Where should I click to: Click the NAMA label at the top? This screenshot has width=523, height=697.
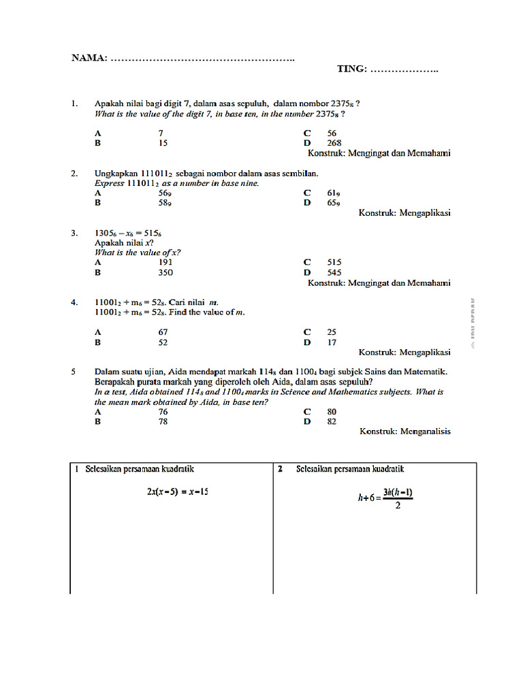point(89,57)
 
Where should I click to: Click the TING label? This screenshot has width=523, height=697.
point(352,69)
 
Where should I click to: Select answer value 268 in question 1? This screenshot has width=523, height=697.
point(334,143)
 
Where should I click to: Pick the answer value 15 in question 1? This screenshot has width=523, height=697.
point(163,143)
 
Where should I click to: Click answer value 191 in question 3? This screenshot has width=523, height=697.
point(165,262)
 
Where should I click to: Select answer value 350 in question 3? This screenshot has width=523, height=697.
point(165,272)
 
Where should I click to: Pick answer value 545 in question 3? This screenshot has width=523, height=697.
point(334,272)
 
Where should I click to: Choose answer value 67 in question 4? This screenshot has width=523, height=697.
point(163,332)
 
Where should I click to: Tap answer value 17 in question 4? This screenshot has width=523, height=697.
point(332,342)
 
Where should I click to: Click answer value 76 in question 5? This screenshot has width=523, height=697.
point(163,412)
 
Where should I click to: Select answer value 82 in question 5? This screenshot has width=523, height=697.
point(332,421)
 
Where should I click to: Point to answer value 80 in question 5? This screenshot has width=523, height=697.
point(332,412)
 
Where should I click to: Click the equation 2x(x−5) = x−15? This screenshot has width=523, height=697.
point(177,491)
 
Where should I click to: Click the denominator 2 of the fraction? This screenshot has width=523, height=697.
point(398,506)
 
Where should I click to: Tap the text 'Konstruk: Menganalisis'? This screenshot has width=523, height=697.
point(405,432)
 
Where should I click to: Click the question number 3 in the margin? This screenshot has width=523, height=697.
point(74,233)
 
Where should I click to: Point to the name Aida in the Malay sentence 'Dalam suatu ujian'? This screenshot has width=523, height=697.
point(178,372)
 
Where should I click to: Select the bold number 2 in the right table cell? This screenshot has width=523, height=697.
point(281,469)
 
